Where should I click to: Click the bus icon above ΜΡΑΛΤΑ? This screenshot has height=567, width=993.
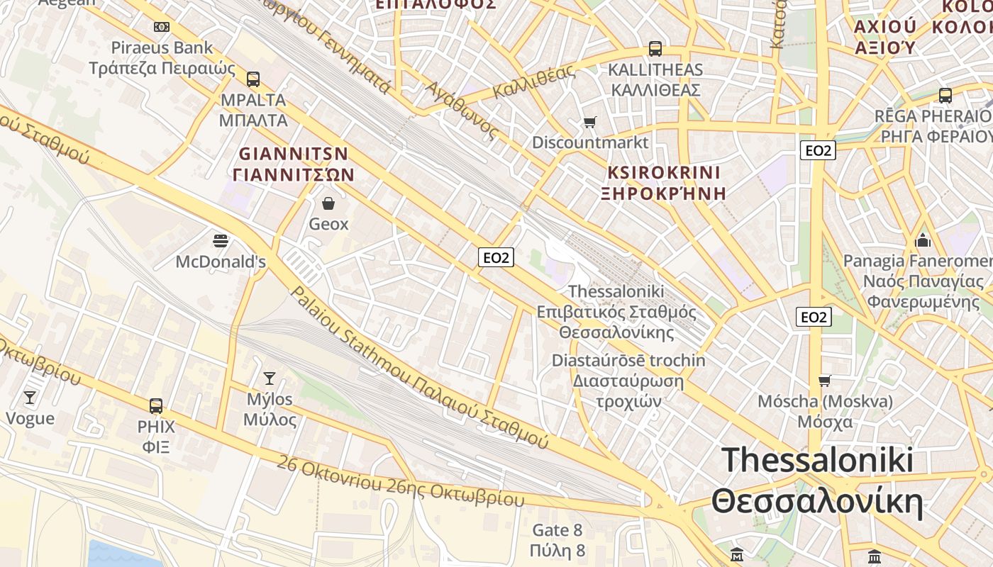click(253, 79)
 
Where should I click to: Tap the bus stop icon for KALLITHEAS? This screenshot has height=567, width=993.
click(655, 49)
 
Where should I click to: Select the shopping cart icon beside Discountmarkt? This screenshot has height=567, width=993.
click(589, 123)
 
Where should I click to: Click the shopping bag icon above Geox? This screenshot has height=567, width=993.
click(328, 204)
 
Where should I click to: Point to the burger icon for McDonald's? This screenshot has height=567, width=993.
click(221, 241)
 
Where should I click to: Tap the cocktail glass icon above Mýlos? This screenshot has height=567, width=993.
click(270, 378)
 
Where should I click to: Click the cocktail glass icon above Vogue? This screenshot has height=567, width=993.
click(30, 397)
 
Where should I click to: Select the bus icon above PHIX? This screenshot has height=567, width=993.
click(156, 406)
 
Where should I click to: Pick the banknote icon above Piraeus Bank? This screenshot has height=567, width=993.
click(162, 27)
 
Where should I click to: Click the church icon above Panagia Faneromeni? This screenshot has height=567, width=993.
click(923, 240)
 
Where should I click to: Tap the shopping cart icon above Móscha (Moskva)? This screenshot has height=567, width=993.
click(825, 381)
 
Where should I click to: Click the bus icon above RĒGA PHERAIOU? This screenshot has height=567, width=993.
click(945, 95)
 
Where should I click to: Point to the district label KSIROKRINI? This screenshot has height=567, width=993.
click(664, 173)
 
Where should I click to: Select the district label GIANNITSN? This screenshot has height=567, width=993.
click(294, 154)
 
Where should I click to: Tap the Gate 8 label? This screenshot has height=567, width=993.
click(557, 529)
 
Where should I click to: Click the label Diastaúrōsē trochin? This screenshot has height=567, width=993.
click(628, 361)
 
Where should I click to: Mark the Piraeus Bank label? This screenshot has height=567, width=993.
click(162, 47)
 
